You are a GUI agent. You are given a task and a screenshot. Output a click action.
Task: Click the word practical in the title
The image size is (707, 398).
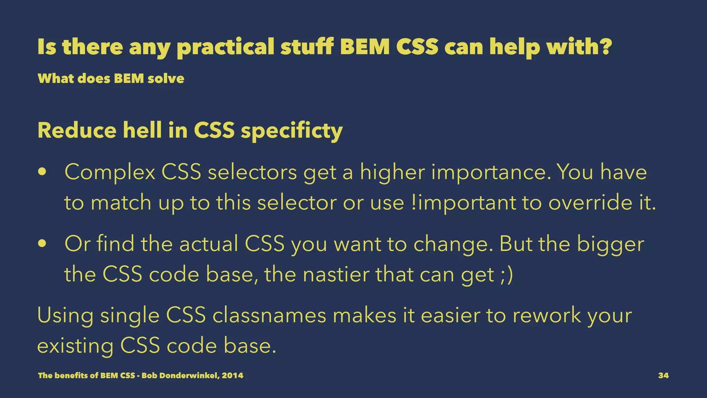225,47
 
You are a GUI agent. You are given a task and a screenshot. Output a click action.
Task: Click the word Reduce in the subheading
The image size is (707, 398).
77,131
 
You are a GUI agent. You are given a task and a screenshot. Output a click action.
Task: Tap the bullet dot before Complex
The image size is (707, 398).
42,172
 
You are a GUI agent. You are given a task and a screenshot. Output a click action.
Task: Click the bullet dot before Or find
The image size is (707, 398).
42,244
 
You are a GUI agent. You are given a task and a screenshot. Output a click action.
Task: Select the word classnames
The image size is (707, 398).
269,316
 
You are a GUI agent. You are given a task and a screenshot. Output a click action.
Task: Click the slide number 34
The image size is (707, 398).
663,376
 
